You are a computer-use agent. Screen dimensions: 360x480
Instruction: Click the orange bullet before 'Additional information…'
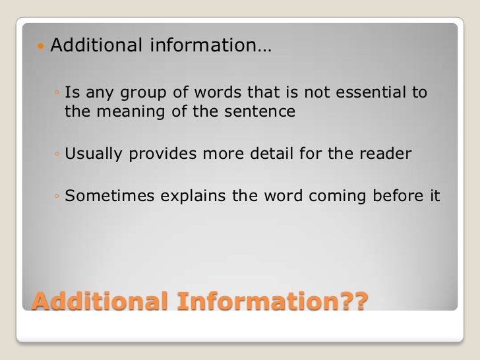[41, 47]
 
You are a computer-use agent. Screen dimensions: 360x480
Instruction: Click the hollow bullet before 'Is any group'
[58, 94]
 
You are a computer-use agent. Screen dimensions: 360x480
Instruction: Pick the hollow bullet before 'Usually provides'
[58, 155]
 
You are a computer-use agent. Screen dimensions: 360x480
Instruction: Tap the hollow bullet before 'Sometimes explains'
[58, 197]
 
